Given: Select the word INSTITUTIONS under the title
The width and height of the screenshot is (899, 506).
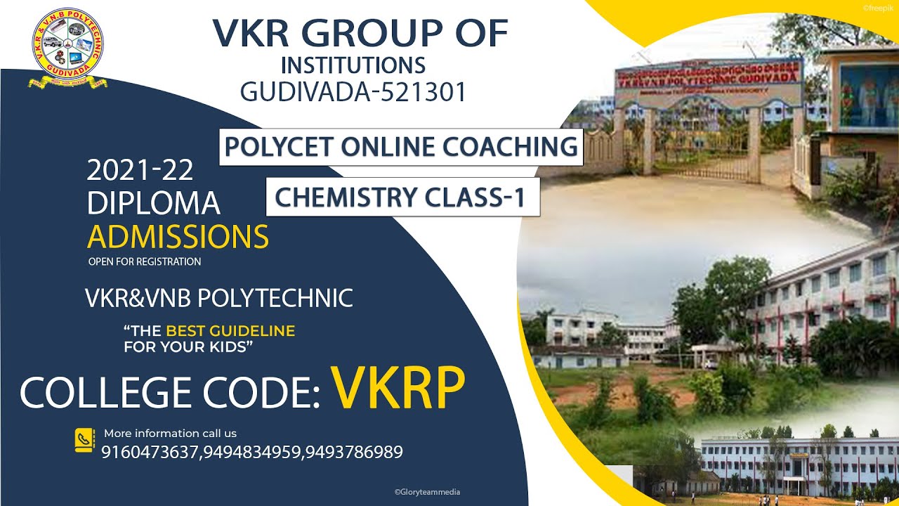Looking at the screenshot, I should (353, 65).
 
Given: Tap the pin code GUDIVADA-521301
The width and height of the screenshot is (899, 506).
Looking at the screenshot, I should (353, 92).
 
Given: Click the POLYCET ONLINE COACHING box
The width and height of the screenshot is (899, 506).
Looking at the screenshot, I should (401, 146).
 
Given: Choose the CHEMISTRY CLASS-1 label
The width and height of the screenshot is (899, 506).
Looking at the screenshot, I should (401, 197).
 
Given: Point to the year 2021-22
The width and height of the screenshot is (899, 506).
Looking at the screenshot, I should (140, 170).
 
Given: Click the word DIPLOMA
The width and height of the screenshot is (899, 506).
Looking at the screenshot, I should (154, 204).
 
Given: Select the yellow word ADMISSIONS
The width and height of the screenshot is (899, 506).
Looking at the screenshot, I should (178, 238).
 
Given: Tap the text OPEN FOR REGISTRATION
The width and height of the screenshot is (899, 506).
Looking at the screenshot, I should (145, 262).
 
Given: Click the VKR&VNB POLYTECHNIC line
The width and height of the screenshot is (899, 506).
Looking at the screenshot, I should (218, 298).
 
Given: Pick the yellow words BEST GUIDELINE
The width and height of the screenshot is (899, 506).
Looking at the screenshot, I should (230, 330).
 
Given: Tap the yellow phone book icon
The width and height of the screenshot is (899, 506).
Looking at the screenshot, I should (84, 441).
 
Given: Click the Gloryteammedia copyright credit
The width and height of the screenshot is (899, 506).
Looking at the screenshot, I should (427, 493).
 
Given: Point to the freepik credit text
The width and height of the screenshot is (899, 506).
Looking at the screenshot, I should (878, 8).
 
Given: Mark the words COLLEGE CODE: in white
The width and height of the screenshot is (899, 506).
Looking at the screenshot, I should (170, 392).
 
